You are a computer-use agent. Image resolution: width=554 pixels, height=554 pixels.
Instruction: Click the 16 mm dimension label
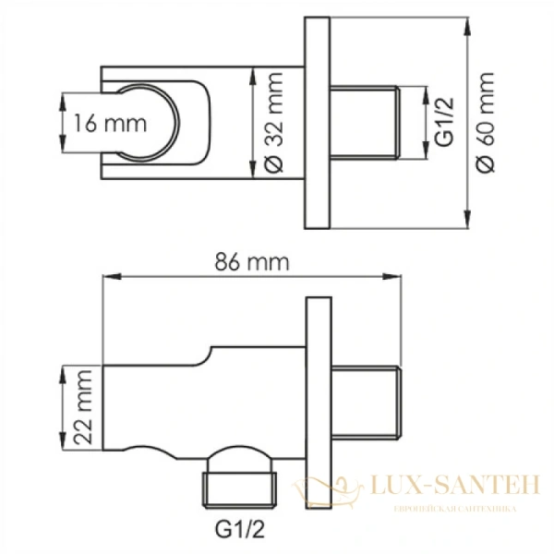(110, 124)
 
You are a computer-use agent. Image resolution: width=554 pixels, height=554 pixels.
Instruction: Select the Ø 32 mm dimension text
(274, 123)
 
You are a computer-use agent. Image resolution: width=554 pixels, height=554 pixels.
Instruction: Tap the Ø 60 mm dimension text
(485, 123)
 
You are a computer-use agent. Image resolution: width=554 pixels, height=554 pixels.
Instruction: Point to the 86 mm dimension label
(252, 262)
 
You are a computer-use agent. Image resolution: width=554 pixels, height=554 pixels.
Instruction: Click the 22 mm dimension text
(83, 407)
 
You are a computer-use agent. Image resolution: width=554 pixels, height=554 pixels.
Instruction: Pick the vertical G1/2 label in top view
(443, 122)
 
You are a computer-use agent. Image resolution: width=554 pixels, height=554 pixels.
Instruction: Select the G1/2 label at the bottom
(239, 529)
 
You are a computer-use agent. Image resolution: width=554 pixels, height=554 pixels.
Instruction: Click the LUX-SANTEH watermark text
(455, 485)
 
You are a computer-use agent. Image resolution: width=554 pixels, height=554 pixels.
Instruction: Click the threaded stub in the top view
(365, 122)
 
